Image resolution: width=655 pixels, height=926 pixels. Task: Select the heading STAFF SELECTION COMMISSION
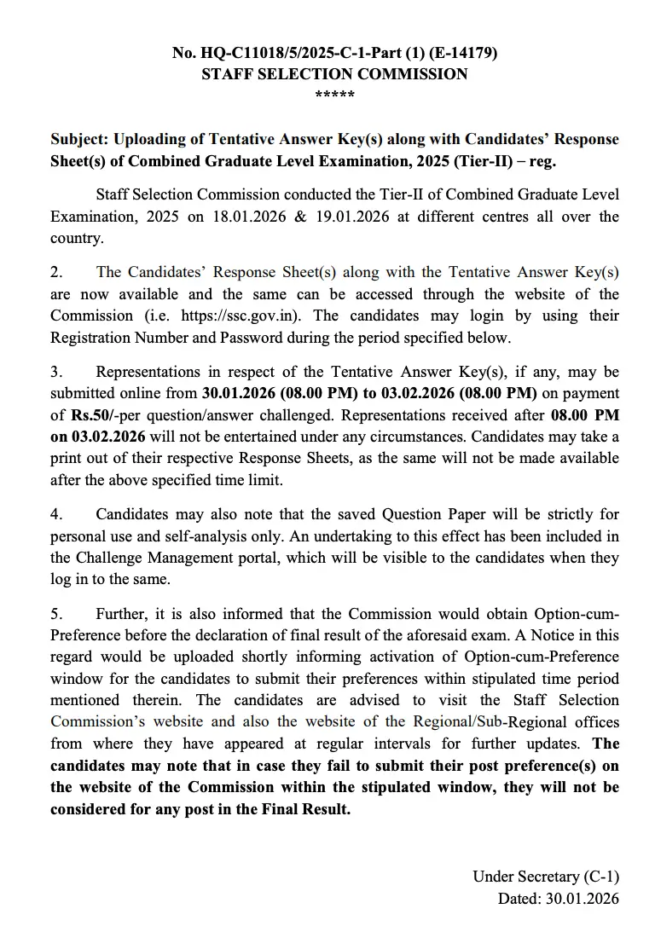click(x=334, y=74)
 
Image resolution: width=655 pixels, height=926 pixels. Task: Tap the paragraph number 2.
click(x=56, y=273)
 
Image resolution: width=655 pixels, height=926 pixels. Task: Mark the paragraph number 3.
click(x=56, y=373)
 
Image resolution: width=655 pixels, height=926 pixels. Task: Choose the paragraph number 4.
click(x=56, y=515)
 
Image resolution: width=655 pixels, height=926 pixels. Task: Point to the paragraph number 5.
click(x=56, y=615)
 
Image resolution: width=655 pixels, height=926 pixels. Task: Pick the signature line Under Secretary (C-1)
click(x=546, y=877)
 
